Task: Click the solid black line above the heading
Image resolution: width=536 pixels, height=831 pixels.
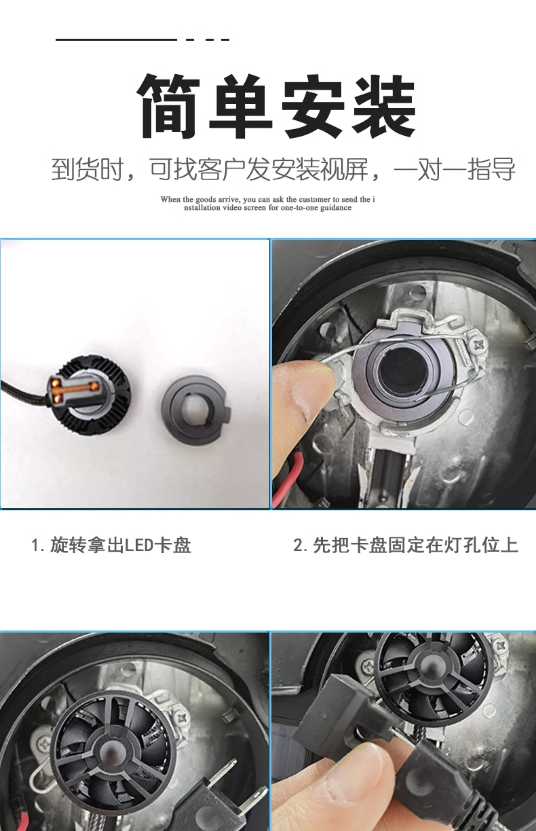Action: pyautogui.click(x=116, y=39)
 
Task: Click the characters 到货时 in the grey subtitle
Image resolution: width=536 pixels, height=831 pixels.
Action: pyautogui.click(x=87, y=170)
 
